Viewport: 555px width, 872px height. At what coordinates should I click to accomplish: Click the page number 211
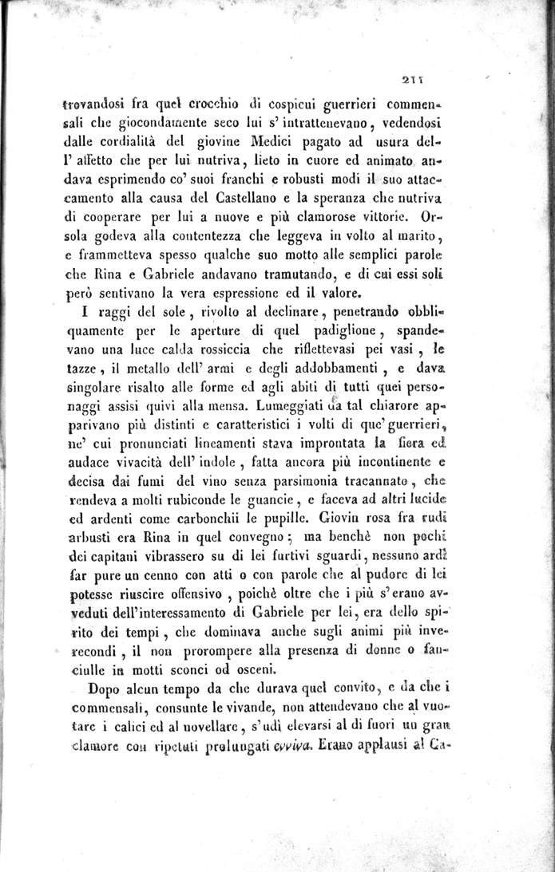coord(413,79)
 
